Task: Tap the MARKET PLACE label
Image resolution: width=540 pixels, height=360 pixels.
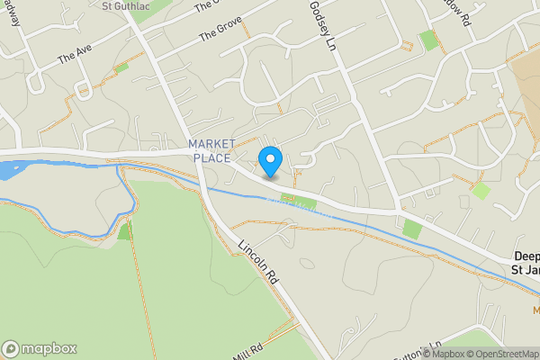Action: pos(211,151)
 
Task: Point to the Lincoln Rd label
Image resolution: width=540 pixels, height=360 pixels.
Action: pos(259,263)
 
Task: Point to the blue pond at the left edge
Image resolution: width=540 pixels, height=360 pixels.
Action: pos(9,169)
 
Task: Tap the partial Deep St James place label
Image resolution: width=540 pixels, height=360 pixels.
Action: pos(524,262)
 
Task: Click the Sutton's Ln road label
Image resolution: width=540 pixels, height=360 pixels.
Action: pos(424,347)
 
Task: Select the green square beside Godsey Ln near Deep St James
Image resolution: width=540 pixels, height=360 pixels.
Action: pos(411,228)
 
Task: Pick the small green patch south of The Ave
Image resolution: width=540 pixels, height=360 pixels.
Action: pos(121,67)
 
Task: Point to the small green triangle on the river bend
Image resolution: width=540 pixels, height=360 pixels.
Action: pos(124,231)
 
